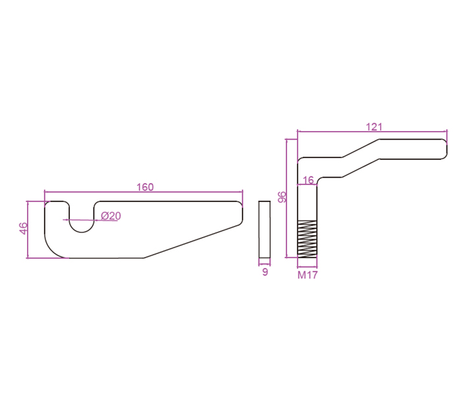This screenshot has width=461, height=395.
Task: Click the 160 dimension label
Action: click(x=145, y=187)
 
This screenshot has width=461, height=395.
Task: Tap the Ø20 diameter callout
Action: click(x=111, y=216)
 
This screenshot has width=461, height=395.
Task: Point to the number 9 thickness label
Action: click(x=265, y=271)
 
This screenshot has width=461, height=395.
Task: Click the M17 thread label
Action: click(x=308, y=275)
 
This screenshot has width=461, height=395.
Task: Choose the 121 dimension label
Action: click(x=374, y=126)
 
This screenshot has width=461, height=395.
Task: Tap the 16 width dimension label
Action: click(x=308, y=180)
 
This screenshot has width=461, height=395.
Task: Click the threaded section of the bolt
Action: click(x=308, y=238)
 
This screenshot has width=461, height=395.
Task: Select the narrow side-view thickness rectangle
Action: click(x=265, y=228)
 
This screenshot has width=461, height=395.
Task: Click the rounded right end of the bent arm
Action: click(x=443, y=149)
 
